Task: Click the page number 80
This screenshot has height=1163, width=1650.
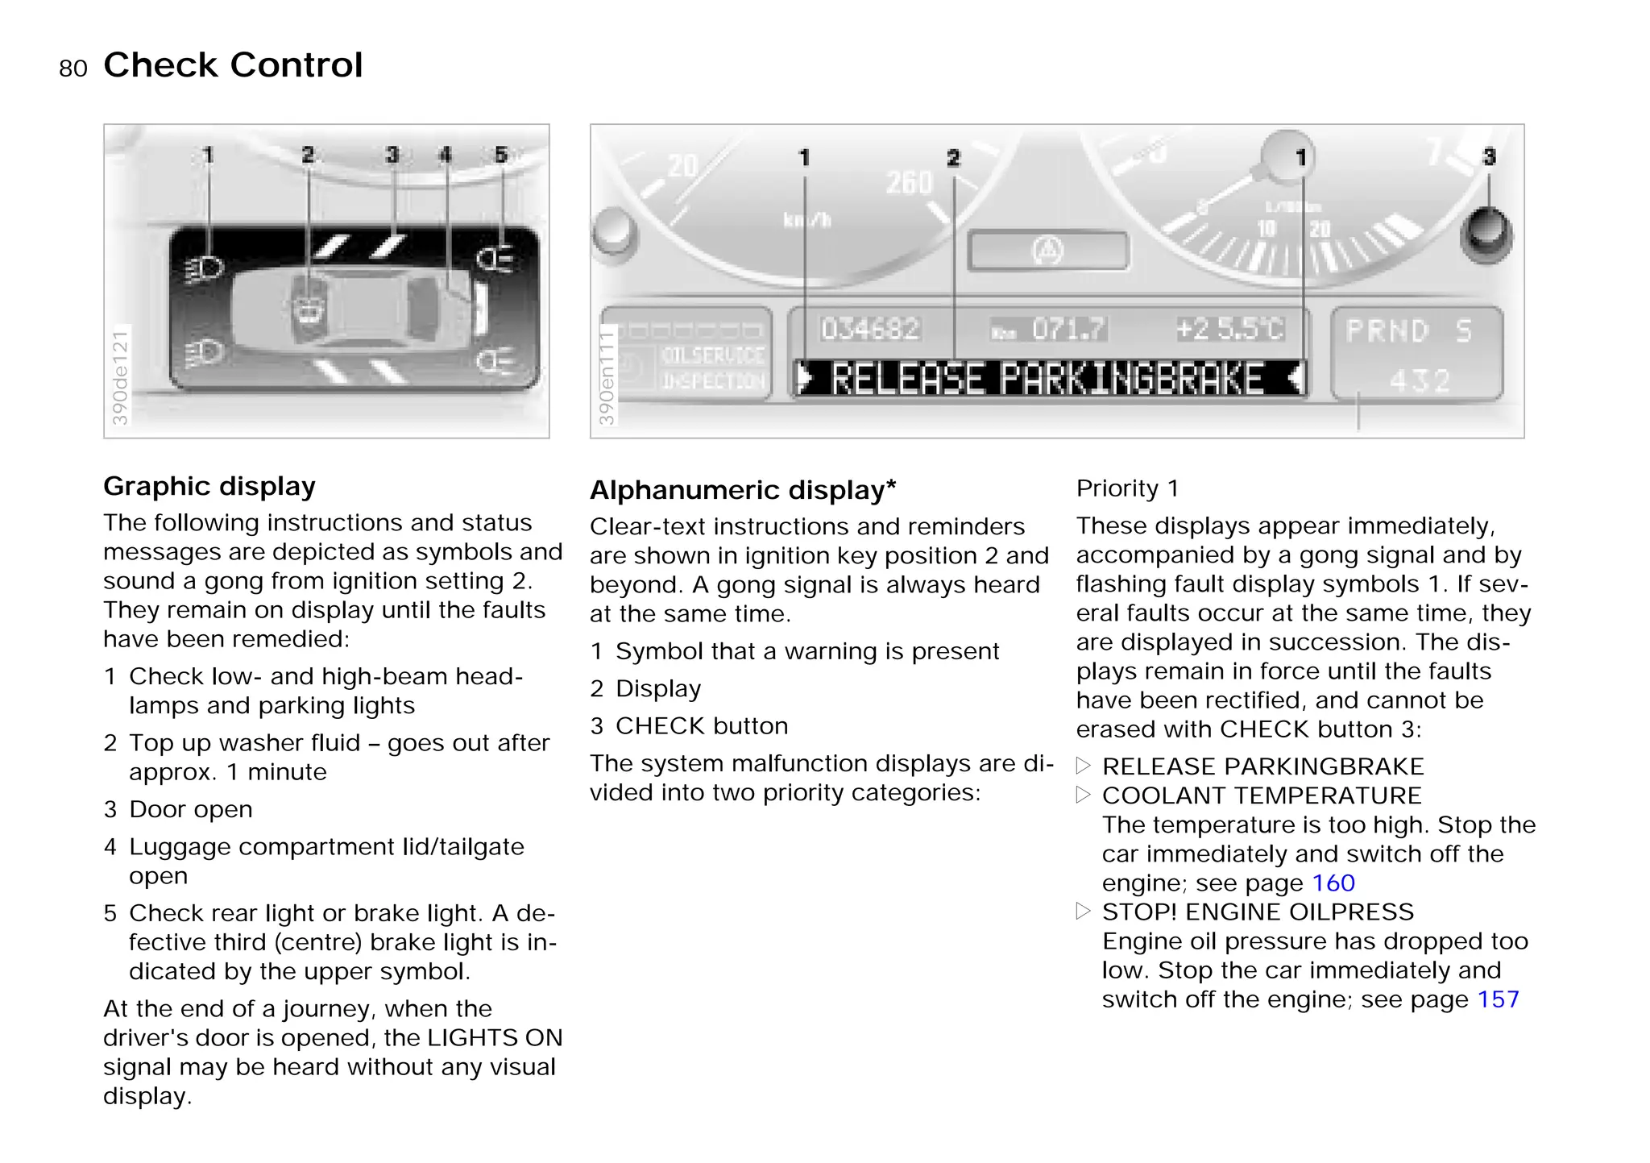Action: [x=73, y=69]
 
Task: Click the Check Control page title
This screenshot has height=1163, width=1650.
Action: [x=233, y=65]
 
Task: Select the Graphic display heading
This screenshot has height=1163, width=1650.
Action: [x=209, y=486]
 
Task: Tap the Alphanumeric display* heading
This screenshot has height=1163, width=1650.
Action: [x=742, y=490]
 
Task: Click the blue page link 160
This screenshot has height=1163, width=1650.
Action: [x=1333, y=883]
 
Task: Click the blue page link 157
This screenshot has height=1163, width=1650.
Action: [x=1498, y=999]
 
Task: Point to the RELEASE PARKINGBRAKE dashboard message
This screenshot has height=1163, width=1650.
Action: [x=1047, y=379]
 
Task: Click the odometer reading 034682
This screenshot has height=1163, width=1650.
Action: [x=870, y=329]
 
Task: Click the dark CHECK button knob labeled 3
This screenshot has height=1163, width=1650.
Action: [x=1486, y=235]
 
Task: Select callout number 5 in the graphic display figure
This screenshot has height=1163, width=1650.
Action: [x=501, y=154]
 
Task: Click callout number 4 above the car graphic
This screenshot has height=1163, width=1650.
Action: [x=446, y=154]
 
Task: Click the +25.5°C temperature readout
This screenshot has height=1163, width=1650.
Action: [x=1229, y=329]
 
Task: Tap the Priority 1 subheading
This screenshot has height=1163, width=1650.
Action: [x=1127, y=488]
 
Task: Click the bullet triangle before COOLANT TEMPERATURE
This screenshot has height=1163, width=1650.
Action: [x=1084, y=795]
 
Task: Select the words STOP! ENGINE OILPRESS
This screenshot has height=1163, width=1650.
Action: [x=1258, y=912]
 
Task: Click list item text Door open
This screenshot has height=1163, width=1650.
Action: [x=191, y=809]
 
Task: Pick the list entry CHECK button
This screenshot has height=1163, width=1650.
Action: [x=701, y=726]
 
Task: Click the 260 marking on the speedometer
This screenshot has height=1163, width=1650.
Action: [x=909, y=183]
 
